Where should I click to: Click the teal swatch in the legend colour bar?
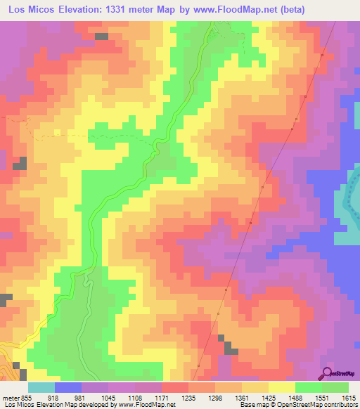(41, 387)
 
